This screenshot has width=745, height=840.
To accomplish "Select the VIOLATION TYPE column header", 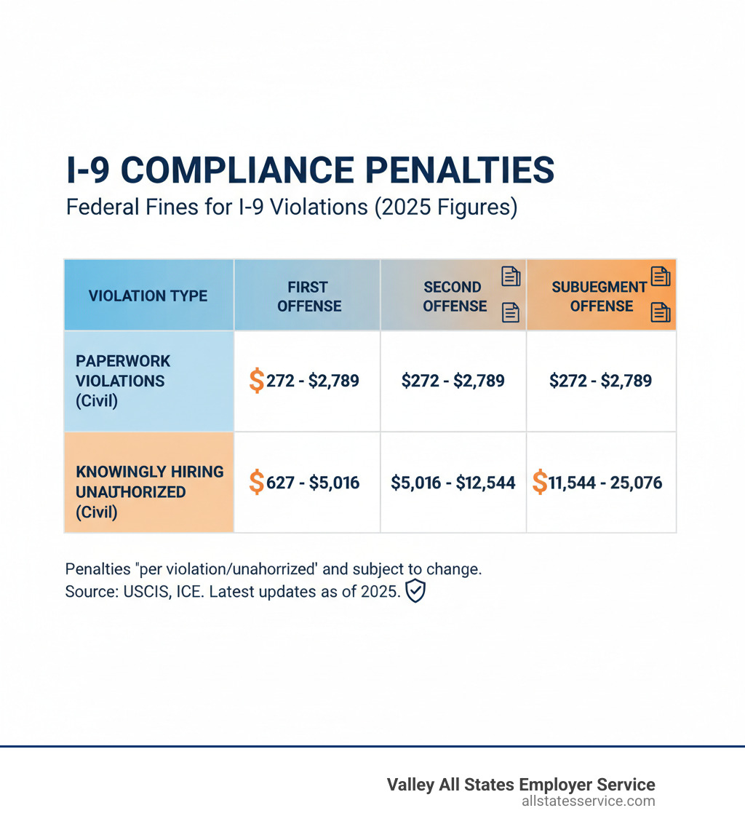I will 148,296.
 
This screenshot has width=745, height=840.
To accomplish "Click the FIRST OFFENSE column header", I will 309,296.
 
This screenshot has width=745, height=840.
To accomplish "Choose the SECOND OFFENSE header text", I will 454,296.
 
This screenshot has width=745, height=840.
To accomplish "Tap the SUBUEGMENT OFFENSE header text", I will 599,296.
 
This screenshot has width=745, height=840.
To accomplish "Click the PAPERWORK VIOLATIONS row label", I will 123,380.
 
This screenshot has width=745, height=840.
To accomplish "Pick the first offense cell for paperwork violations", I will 305,380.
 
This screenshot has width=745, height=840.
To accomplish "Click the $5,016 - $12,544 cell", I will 453,482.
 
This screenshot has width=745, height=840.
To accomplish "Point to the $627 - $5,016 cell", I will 305,482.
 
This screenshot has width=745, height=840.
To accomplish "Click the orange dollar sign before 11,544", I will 539,482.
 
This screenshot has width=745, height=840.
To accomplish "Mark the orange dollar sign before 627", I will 256,482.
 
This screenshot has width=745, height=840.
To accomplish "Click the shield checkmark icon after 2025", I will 415,591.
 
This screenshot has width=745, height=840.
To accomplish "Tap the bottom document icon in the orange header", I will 660,312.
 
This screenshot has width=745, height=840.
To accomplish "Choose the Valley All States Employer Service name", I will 520,784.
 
